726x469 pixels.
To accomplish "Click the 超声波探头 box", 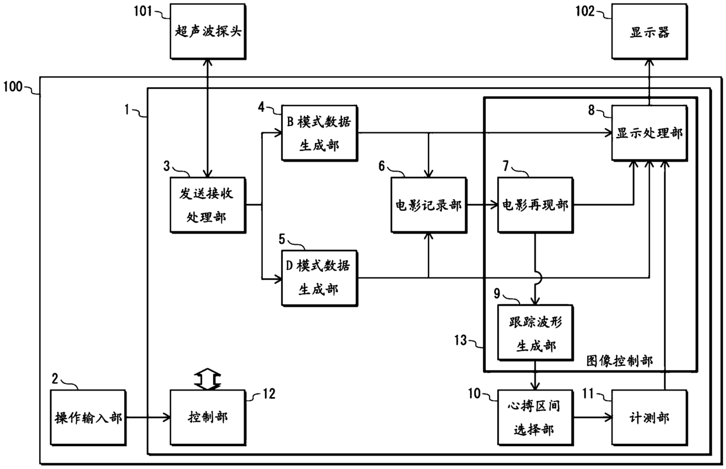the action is click(208, 32).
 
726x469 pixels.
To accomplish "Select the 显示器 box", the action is click(649, 32).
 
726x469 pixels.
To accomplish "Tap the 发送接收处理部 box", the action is click(208, 205).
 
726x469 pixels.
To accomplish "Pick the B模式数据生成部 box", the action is click(320, 133).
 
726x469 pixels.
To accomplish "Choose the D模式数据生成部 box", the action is click(320, 278).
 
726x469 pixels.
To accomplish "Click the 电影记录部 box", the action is click(429, 205).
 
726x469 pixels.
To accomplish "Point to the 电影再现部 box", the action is click(535, 205).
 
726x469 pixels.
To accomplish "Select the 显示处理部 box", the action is click(649, 133).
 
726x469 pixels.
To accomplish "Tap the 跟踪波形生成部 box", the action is click(535, 333).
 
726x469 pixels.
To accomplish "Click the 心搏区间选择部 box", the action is click(535, 417).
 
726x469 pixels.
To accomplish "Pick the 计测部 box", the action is click(649, 417).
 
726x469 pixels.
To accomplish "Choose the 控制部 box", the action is click(208, 417).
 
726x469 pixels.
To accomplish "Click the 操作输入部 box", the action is click(88, 417).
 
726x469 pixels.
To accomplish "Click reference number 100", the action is click(13, 87).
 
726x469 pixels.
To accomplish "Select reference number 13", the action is click(460, 340).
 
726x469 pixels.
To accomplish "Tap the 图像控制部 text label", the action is click(619, 361).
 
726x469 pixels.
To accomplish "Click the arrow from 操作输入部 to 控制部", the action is click(149, 417).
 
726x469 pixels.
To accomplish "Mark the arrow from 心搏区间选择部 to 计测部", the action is click(593, 417).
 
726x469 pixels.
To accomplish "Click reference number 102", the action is click(585, 11).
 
